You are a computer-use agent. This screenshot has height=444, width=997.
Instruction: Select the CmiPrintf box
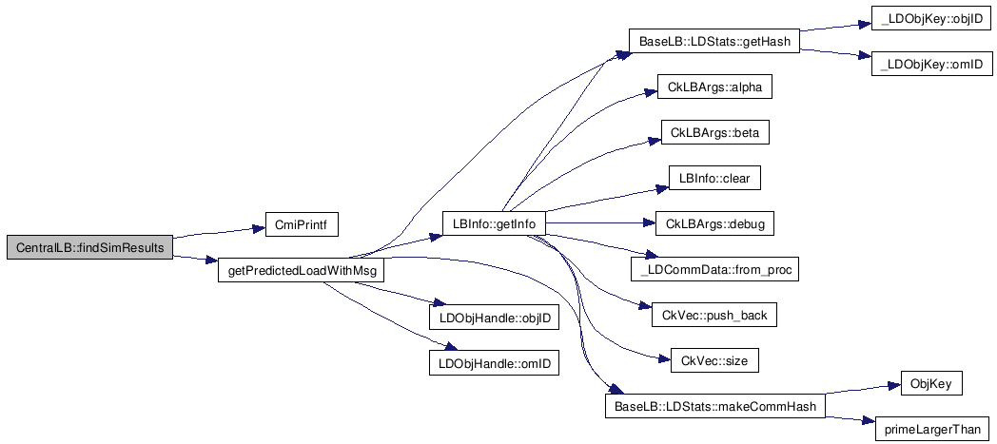point(295,225)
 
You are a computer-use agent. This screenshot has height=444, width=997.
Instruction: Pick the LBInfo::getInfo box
point(495,224)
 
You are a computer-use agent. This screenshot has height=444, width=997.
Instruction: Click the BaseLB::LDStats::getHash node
point(714,42)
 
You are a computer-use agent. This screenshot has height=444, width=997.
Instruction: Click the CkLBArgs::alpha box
point(714,87)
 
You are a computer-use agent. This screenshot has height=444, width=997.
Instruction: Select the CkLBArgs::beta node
point(714,132)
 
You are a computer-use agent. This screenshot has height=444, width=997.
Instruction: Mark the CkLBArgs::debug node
point(714,224)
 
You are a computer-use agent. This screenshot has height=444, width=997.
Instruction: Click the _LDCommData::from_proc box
point(714,270)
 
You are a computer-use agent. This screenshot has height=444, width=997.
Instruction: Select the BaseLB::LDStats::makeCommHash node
point(714,407)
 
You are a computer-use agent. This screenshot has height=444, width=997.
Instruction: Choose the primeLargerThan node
point(932,430)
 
